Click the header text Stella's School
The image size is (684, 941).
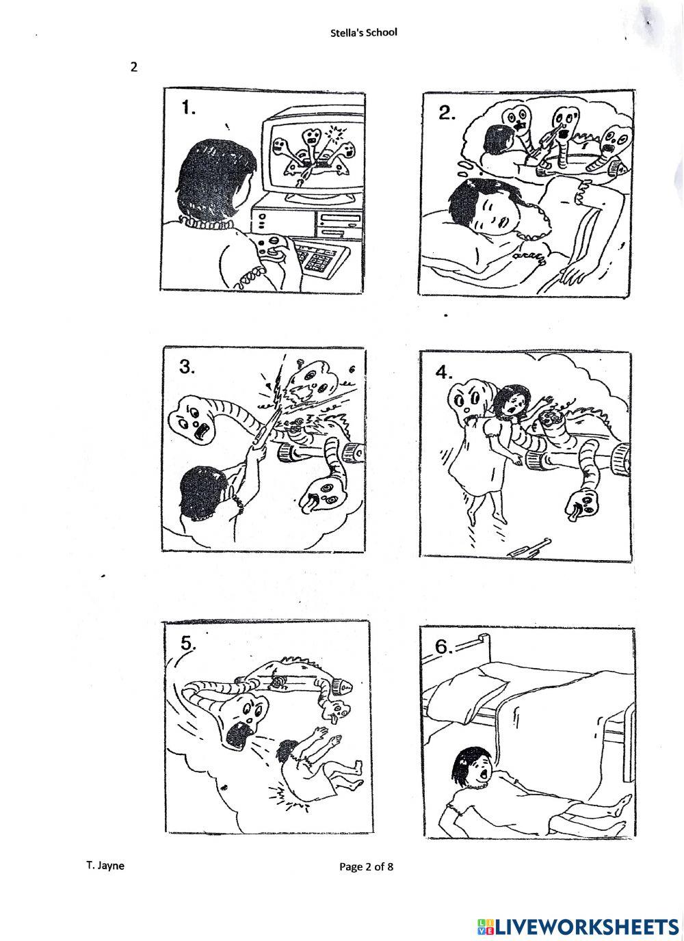click(363, 33)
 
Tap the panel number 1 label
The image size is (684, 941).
click(188, 108)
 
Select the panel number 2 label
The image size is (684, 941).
click(447, 113)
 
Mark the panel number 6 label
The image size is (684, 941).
click(444, 647)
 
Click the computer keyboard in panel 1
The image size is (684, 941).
click(322, 254)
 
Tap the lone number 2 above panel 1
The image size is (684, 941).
click(134, 67)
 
